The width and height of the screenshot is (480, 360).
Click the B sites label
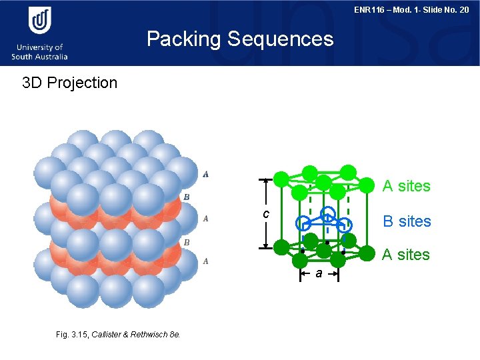click(407, 221)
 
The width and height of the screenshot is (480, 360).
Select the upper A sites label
click(406, 186)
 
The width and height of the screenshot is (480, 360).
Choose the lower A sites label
click(406, 254)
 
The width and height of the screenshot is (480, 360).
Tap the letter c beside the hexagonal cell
click(265, 214)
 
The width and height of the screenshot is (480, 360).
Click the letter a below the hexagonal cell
click(319, 273)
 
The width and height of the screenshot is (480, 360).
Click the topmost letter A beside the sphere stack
click(206, 175)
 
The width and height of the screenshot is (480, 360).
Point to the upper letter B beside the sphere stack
click(187, 197)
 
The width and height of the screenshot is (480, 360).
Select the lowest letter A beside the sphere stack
click(206, 261)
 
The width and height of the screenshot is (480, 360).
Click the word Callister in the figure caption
click(107, 334)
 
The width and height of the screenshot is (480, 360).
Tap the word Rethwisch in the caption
click(150, 334)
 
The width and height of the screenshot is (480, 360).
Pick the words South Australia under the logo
click(39, 57)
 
